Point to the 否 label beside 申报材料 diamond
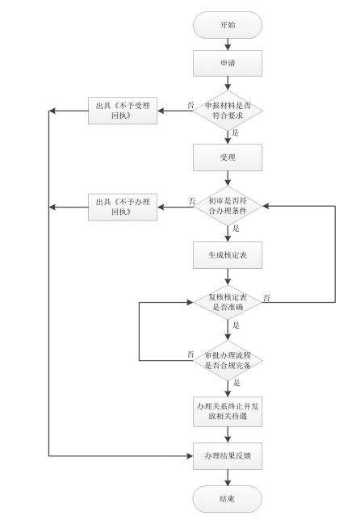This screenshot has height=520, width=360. tap(190, 104)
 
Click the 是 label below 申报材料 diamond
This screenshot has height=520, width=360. tap(236, 132)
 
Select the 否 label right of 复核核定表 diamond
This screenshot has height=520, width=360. tap(267, 298)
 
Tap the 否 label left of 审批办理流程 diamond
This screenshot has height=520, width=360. tap(190, 354)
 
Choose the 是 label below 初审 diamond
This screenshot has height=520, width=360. tap(236, 229)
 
